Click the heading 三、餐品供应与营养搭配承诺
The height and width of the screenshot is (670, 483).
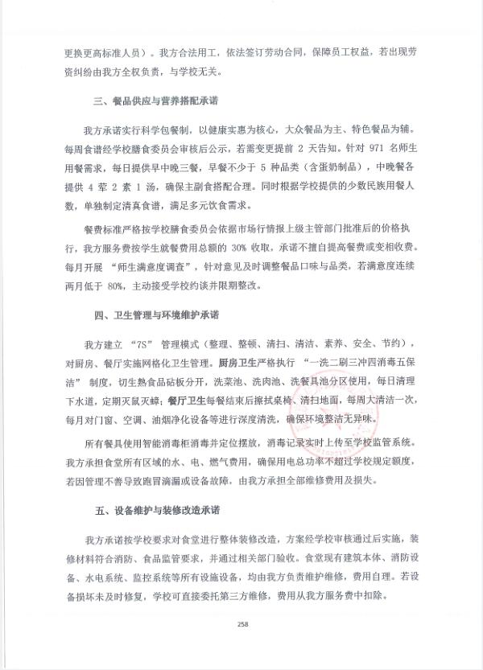[x=156, y=102]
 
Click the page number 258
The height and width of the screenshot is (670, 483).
[x=242, y=624]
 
